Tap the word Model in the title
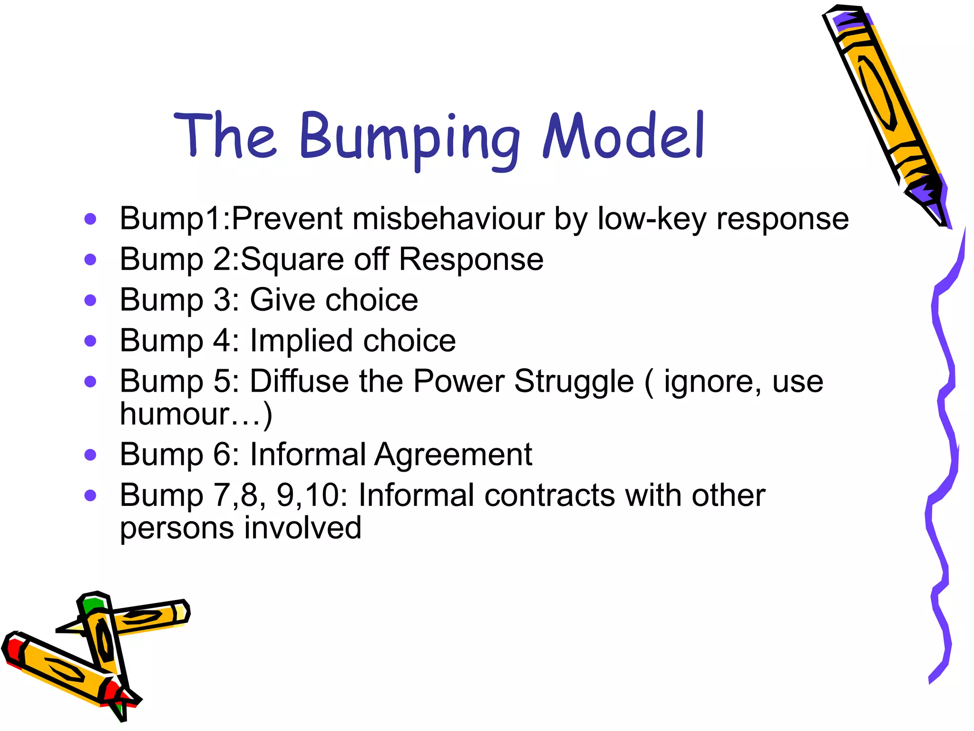[x=623, y=136]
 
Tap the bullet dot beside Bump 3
[x=90, y=300]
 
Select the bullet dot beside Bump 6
[x=90, y=455]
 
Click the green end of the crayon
[x=92, y=604]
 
